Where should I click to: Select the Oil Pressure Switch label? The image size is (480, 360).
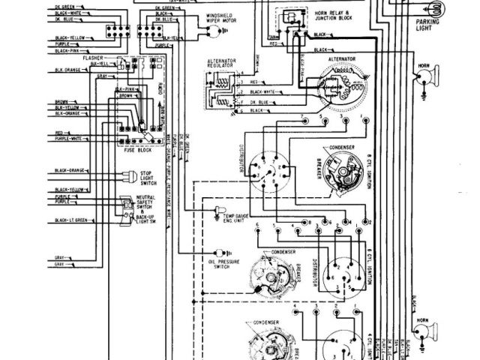222,263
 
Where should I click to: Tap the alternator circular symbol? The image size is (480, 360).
340,87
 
